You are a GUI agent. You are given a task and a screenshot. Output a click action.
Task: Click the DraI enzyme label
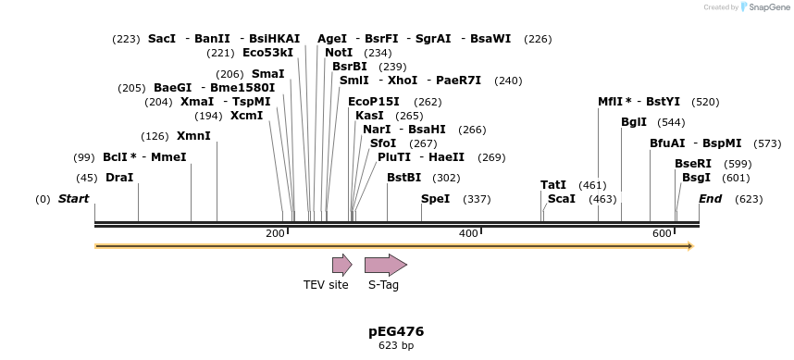tap(119, 178)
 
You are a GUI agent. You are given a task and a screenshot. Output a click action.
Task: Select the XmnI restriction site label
tap(193, 136)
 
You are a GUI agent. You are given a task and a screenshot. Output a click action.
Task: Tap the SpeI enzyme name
tap(435, 199)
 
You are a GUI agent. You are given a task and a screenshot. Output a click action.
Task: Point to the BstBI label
tap(403, 178)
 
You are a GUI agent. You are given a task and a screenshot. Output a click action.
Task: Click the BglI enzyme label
tap(634, 122)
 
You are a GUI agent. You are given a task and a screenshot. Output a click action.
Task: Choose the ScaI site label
tap(562, 199)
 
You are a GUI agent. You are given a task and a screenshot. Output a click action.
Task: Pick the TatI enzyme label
tap(553, 185)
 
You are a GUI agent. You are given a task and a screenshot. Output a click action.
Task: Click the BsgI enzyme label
tap(696, 178)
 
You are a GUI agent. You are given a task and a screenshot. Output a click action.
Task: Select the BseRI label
tap(693, 164)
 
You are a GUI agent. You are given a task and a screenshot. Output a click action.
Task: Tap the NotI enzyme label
tap(339, 53)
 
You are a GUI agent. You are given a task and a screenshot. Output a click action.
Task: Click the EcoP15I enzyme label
tap(374, 102)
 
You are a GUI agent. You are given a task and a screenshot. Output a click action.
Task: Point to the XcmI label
tap(247, 116)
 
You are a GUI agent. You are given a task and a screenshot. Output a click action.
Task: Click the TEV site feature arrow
tap(341, 265)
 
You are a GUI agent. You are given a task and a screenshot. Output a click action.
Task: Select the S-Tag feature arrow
tap(385, 265)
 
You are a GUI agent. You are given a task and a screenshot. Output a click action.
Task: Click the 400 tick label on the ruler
tap(468, 233)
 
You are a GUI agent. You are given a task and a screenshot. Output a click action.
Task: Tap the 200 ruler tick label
tap(275, 233)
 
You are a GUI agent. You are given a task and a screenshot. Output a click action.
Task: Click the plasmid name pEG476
tap(396, 331)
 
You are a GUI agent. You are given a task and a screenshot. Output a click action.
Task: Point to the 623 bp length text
tap(396, 346)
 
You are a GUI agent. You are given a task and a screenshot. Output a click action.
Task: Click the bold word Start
tap(76, 199)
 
